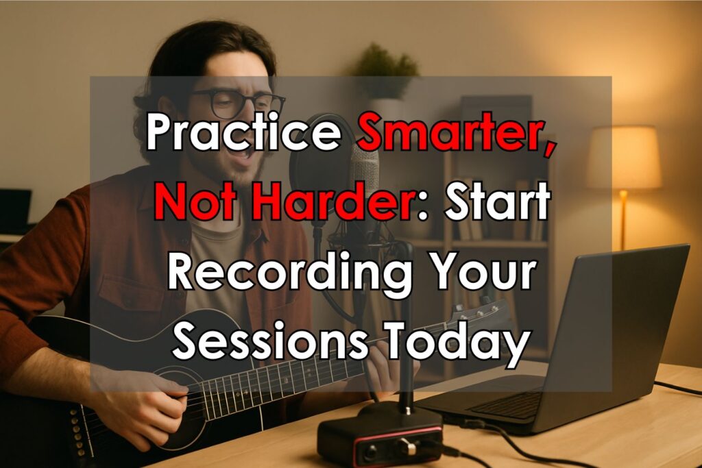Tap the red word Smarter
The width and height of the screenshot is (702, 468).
(456, 132)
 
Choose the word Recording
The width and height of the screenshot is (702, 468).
(289, 273)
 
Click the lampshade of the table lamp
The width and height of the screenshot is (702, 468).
(624, 158)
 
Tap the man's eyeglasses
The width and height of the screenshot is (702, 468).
(237, 102)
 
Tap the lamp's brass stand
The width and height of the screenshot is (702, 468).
(622, 219)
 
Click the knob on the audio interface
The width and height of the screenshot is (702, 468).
(407, 447)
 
